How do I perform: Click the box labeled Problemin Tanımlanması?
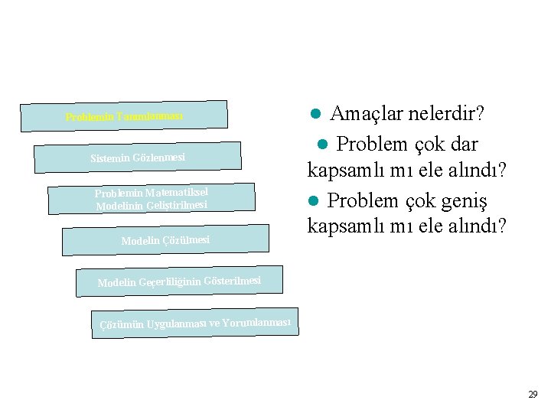(123, 115)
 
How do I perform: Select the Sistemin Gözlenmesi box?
(138, 157)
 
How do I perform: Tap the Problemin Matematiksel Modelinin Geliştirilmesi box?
(151, 198)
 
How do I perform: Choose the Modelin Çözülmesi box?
(165, 239)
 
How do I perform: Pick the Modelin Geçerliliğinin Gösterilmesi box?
(179, 281)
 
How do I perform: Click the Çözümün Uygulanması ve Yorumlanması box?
(194, 323)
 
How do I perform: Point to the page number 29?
(533, 395)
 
